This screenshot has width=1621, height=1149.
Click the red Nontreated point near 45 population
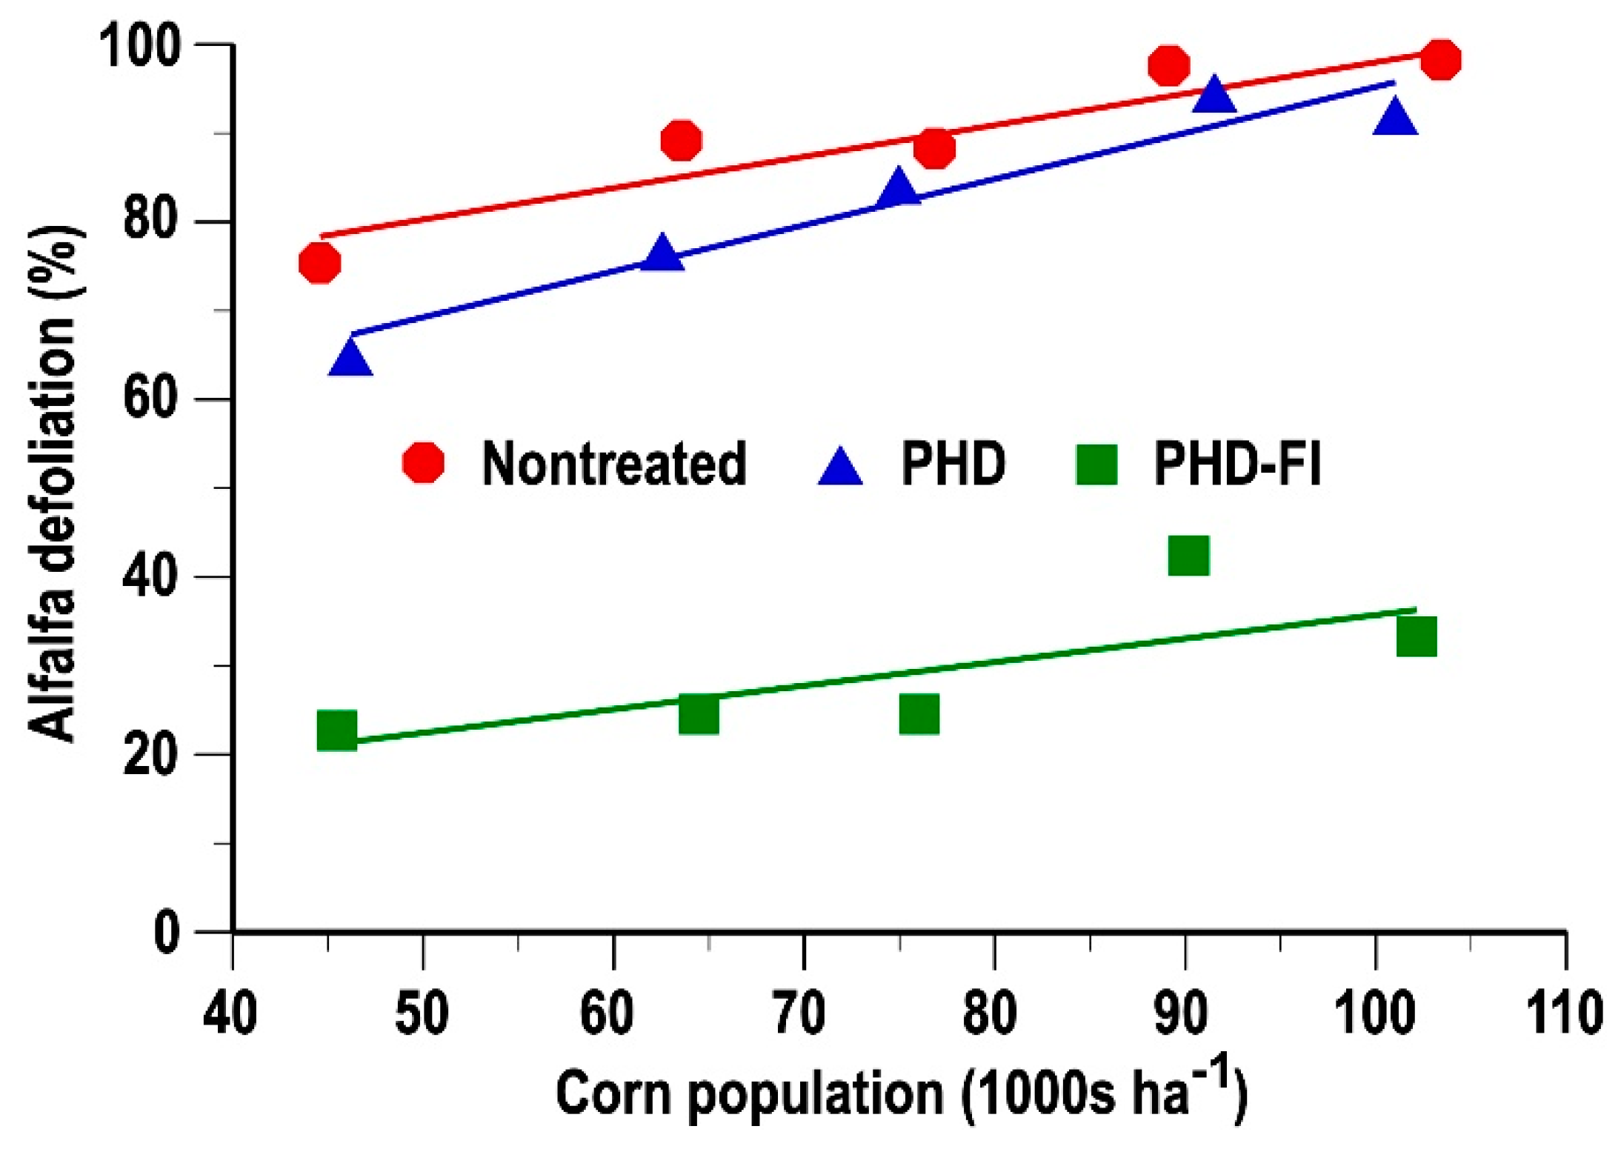click(319, 263)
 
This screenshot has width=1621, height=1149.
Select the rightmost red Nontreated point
click(1440, 59)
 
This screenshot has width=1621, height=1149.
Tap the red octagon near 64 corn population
click(681, 140)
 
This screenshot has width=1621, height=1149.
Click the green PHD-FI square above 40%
click(1188, 556)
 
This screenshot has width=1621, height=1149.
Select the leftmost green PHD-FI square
click(337, 730)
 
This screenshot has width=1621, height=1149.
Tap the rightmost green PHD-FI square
click(1416, 636)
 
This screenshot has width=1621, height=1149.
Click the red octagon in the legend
click(423, 462)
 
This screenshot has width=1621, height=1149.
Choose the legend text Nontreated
click(613, 464)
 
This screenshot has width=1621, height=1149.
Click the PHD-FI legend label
click(1237, 464)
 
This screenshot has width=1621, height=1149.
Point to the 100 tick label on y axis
click(140, 46)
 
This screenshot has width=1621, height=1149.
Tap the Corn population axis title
click(901, 1093)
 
